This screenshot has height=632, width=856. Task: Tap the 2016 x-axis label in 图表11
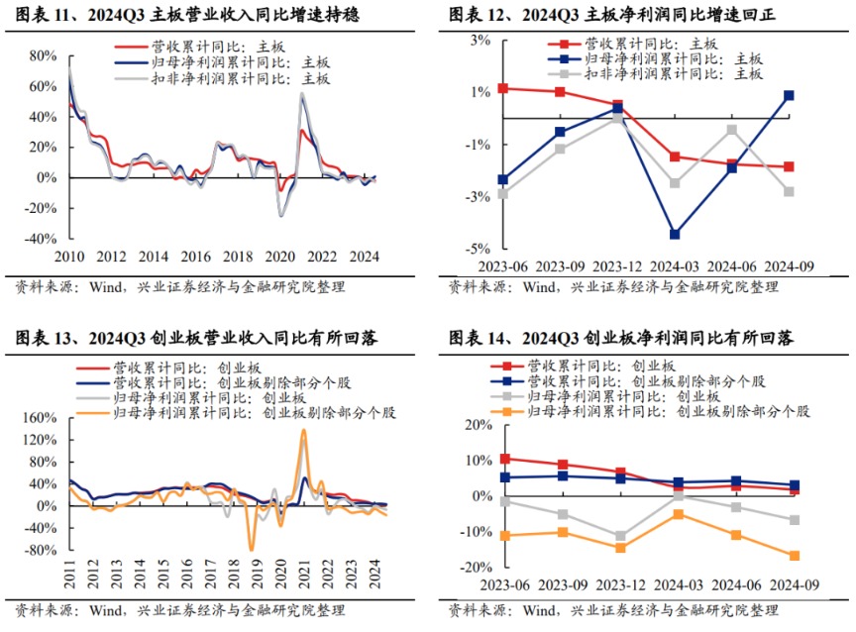pyautogui.click(x=196, y=257)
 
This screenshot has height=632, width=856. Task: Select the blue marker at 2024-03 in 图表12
pyautogui.click(x=675, y=234)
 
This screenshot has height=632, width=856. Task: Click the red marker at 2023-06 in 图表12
pyautogui.click(x=503, y=88)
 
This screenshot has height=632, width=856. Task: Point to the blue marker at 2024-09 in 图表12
pyautogui.click(x=789, y=95)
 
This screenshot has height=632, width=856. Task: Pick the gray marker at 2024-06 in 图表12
pyautogui.click(x=731, y=130)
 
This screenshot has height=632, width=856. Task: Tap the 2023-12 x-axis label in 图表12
pyautogui.click(x=617, y=265)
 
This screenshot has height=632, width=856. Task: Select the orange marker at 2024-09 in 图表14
pyautogui.click(x=794, y=556)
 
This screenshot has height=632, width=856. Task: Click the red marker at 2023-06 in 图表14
pyautogui.click(x=505, y=459)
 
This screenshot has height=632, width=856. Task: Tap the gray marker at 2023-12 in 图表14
pyautogui.click(x=620, y=536)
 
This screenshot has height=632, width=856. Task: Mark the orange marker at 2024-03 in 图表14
pyautogui.click(x=678, y=514)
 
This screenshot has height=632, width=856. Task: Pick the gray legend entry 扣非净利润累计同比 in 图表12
pyautogui.click(x=673, y=73)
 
